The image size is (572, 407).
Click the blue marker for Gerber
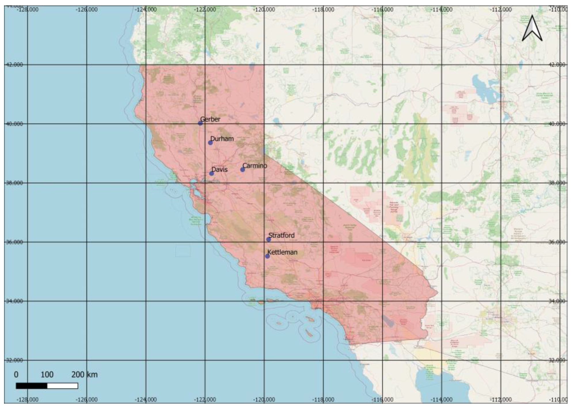[200, 123]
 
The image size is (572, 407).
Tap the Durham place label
[222, 139]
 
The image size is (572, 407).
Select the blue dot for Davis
[212, 173]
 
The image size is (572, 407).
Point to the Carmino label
[255, 166]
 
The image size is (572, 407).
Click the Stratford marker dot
[269, 239]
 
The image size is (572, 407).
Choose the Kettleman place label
[282, 252]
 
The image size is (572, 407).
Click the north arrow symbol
[532, 28]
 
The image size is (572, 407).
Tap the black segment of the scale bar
[32, 386]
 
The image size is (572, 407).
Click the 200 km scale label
[84, 374]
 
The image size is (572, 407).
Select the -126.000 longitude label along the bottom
[87, 400]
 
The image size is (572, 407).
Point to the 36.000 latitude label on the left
[14, 242]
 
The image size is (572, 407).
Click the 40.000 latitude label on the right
[557, 124]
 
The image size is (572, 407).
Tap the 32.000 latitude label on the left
[14, 360]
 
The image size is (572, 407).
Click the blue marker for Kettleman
[267, 256]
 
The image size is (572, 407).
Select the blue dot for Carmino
[243, 170]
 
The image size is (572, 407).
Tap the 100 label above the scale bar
[47, 374]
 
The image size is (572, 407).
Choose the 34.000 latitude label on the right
[557, 301]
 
